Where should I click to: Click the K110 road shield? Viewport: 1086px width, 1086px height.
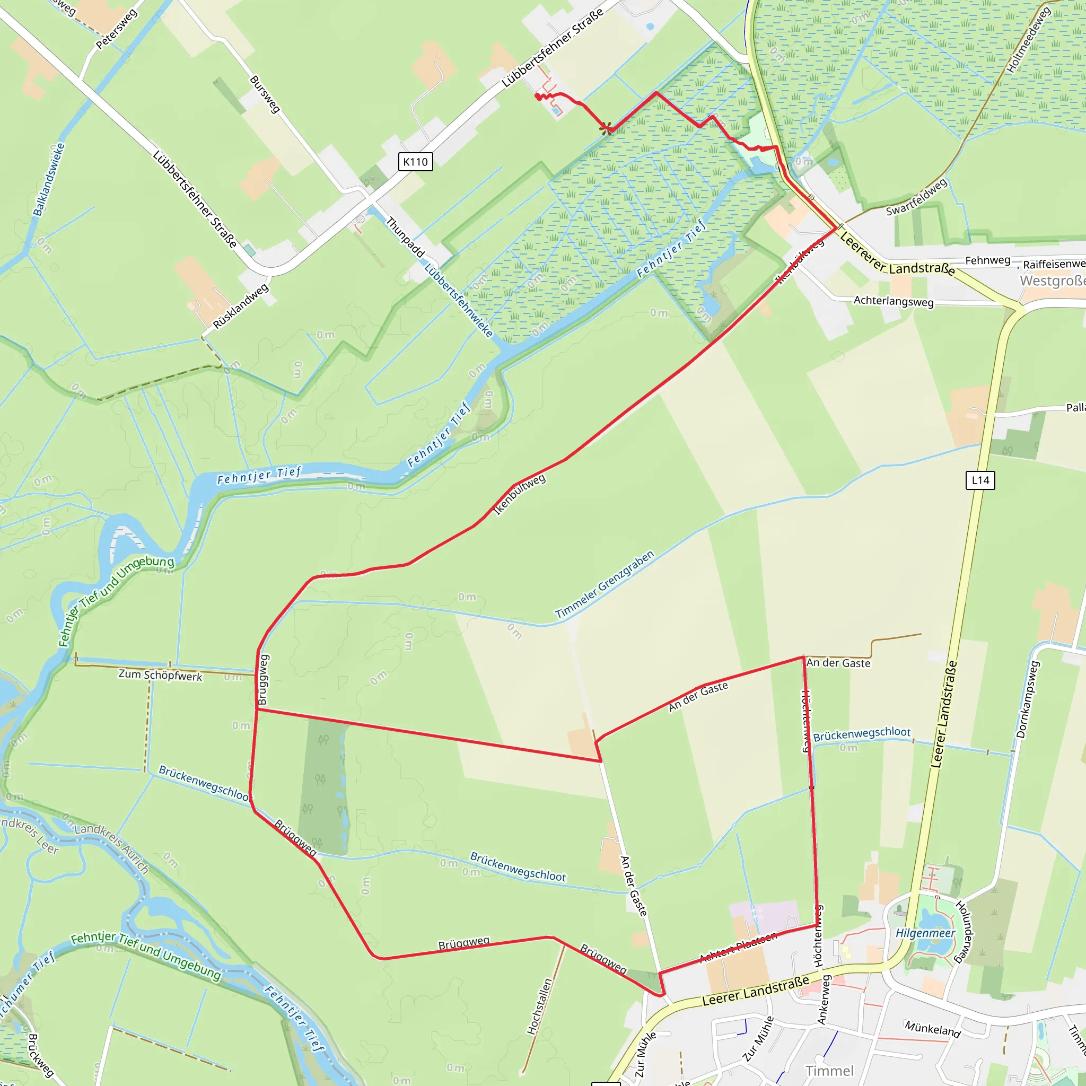[415, 162]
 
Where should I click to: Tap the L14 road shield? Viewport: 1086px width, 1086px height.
[980, 480]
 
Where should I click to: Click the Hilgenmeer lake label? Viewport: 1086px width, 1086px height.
[925, 933]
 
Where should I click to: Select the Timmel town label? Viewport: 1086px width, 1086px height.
[829, 1071]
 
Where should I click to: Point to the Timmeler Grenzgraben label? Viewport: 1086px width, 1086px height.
[605, 584]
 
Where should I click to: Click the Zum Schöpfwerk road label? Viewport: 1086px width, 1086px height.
[160, 675]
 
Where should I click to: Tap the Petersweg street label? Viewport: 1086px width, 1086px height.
[116, 29]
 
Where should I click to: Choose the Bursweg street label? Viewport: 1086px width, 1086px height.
[264, 94]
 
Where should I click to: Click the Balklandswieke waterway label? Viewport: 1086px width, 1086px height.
[49, 179]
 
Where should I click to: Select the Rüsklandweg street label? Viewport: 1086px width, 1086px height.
[241, 306]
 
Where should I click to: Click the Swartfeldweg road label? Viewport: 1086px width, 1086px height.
[917, 197]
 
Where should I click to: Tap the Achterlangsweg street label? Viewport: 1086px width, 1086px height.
[893, 301]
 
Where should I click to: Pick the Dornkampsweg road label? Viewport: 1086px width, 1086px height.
[1028, 699]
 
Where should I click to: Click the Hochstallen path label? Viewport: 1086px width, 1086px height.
[540, 1006]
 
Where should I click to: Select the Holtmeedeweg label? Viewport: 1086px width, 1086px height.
[1028, 40]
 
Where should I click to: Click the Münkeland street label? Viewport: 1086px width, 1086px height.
[933, 1029]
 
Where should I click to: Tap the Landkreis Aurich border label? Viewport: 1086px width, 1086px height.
[112, 849]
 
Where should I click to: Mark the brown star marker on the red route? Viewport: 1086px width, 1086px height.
[606, 129]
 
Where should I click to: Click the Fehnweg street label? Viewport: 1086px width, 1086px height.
[987, 260]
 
